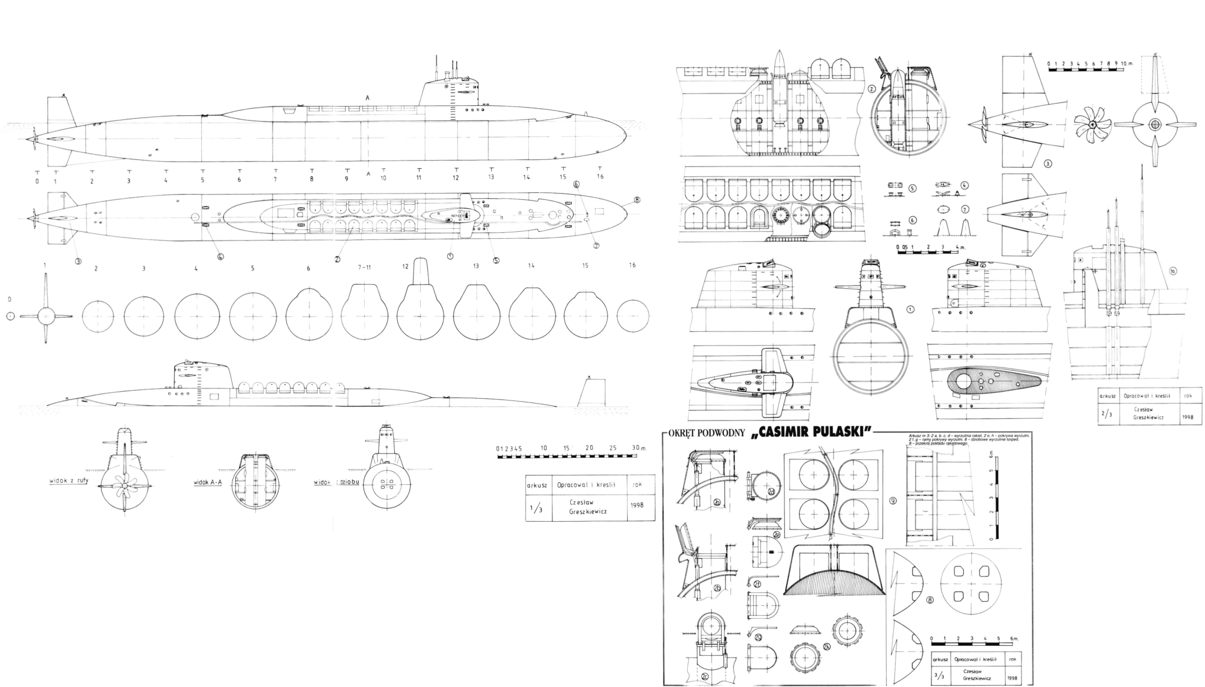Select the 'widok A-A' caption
tap(207, 483)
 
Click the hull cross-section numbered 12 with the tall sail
tap(420, 306)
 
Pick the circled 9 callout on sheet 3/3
tap(893, 501)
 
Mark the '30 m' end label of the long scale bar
tap(638, 448)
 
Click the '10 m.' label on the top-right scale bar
tap(1125, 63)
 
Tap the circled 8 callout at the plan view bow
tap(637, 200)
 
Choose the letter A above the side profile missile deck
tap(368, 98)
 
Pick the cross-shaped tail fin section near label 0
tap(45, 316)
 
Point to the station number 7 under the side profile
tap(275, 178)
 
